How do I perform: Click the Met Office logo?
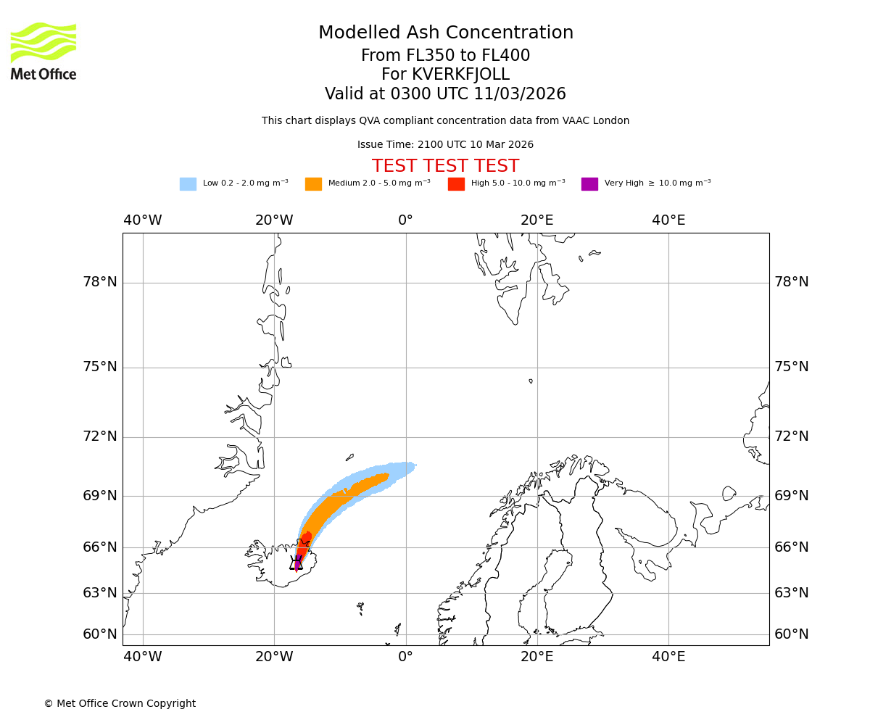[x=43, y=51]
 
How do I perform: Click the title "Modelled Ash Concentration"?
[x=445, y=33]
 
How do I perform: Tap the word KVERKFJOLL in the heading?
[x=460, y=75]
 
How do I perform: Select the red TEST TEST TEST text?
[x=445, y=167]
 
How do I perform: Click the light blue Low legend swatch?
[x=188, y=184]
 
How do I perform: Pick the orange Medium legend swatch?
[x=313, y=184]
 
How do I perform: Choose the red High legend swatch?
[x=456, y=184]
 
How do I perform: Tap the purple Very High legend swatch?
[x=589, y=184]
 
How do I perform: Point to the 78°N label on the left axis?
[x=100, y=282]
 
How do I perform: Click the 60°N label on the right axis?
[x=791, y=634]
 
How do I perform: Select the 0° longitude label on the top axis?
[x=405, y=220]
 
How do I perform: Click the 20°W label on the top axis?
[x=274, y=220]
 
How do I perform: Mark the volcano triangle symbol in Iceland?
[x=296, y=563]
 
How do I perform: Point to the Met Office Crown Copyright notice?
[x=120, y=704]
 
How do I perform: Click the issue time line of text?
[x=445, y=145]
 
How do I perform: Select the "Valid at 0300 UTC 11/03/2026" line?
[x=445, y=94]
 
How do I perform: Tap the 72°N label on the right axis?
[x=791, y=436]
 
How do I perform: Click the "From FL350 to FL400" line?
[x=445, y=56]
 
